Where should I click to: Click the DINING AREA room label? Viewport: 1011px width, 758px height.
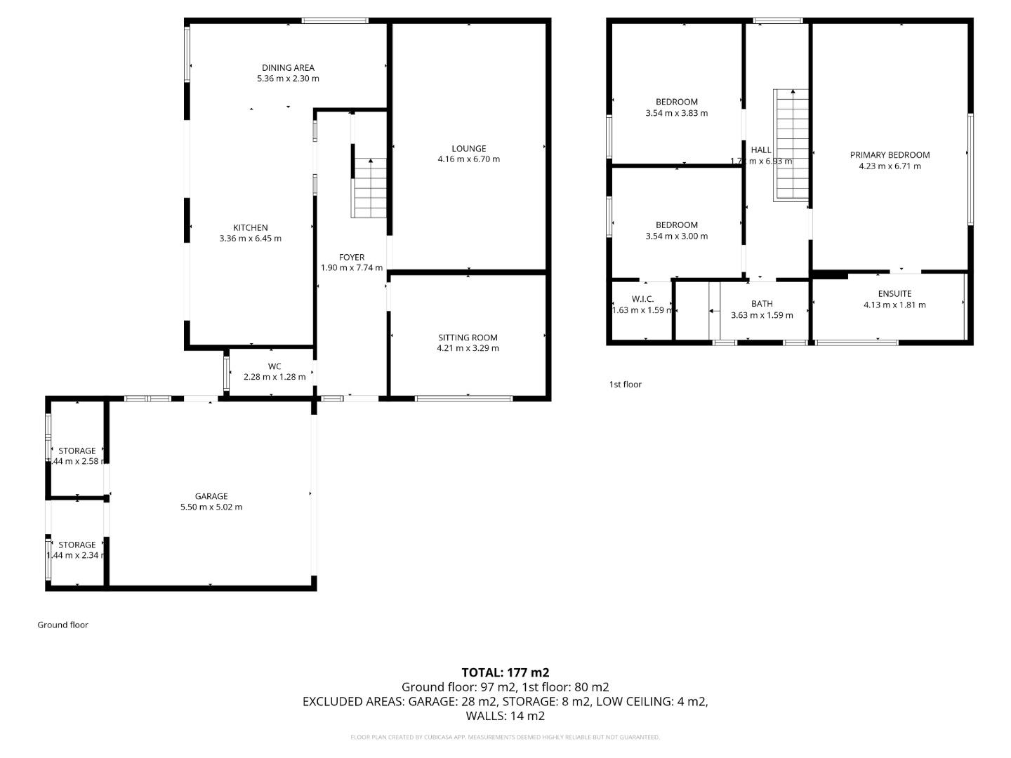[288, 68]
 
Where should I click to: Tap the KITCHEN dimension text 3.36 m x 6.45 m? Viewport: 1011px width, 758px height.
[250, 239]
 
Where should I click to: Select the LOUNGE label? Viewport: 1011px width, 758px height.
[468, 149]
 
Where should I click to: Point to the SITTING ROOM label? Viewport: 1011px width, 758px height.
[468, 338]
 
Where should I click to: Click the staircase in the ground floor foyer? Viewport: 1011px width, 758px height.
[369, 188]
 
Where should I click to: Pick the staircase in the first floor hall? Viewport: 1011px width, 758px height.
[791, 145]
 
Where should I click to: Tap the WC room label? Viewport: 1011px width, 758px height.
[275, 366]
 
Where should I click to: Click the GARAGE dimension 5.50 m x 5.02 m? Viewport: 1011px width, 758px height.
[211, 507]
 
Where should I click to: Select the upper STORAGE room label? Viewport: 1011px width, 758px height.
[77, 451]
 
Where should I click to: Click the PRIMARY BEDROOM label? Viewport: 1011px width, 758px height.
[890, 155]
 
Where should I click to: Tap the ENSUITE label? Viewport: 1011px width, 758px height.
[894, 294]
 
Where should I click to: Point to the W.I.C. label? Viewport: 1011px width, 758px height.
[642, 299]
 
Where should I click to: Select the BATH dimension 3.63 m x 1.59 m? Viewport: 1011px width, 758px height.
[762, 315]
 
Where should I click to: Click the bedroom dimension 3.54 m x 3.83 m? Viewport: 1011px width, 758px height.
[676, 113]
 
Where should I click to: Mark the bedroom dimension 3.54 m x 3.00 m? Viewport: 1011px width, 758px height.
[676, 237]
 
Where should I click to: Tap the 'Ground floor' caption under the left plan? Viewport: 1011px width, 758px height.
[62, 625]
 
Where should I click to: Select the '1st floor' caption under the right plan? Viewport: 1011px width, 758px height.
[625, 385]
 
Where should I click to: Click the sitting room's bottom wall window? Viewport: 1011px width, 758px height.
[463, 399]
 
